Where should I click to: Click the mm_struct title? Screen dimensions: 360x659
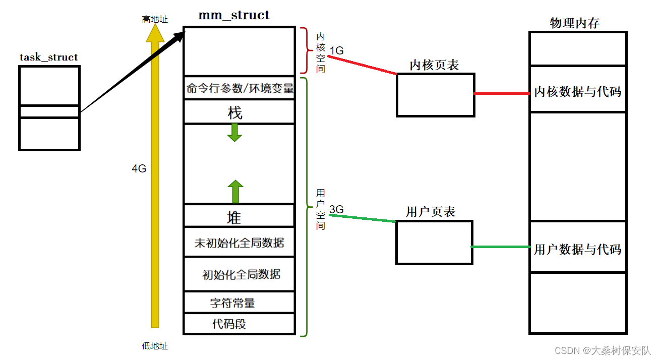pos(234,15)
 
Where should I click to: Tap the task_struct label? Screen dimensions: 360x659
pos(49,57)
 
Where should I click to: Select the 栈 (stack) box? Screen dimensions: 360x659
pos(238,112)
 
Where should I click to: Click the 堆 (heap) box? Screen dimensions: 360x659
pos(238,216)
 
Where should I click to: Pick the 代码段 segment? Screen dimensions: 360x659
pos(238,324)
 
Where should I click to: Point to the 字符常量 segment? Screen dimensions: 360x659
pos(238,303)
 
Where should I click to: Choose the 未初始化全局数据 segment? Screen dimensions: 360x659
pos(238,243)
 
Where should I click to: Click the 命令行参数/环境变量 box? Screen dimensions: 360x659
pos(238,88)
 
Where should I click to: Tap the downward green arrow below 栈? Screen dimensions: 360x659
pos(234,132)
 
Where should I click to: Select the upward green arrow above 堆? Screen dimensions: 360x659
pos(234,192)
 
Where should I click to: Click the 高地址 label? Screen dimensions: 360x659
pos(155,20)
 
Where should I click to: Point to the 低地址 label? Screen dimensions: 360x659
pos(155,346)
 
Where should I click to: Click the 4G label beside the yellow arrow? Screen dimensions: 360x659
pos(139,169)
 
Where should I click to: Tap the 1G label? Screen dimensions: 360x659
pos(336,50)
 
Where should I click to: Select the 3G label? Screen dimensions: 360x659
pos(336,209)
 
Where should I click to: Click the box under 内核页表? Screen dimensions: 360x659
pos(435,95)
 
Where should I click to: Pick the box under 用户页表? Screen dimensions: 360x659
pos(434,242)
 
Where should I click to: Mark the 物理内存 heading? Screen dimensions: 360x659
pos(574,23)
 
